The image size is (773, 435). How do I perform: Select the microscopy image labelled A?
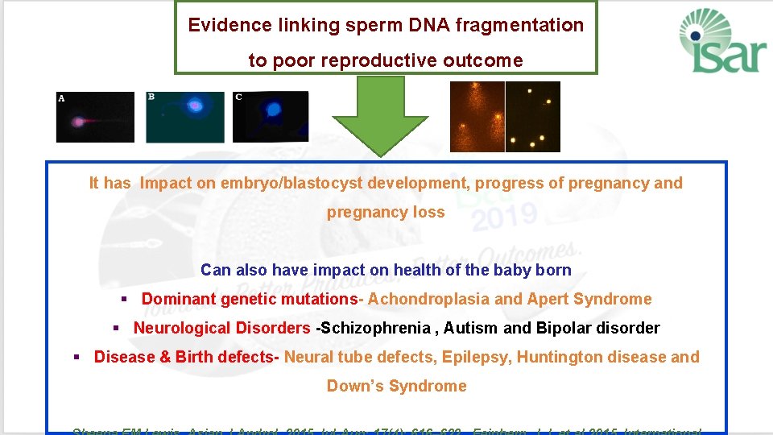[95, 117]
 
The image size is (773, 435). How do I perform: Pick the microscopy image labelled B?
[184, 117]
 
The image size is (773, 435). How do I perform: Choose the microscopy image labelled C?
[271, 117]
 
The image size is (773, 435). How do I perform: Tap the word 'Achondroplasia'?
[428, 299]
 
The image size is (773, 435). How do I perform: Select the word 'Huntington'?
[555, 357]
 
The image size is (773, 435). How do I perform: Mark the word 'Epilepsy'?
[480, 357]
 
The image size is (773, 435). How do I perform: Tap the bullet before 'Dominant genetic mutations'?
[125, 300]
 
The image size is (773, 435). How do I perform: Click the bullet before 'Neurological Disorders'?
[116, 329]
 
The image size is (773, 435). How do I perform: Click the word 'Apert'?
[549, 299]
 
